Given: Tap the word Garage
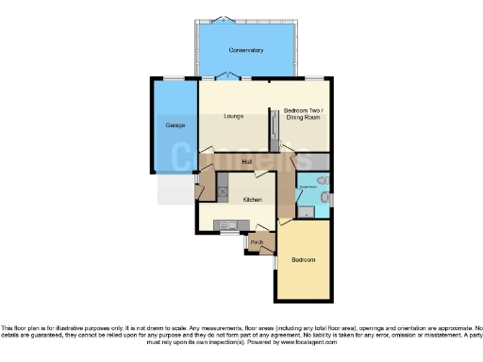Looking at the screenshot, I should [x=175, y=125].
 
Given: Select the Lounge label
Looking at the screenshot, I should [x=234, y=116].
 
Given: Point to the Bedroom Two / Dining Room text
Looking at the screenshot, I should [x=303, y=114].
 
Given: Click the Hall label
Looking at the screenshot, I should [x=246, y=162].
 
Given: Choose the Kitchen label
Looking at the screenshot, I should [x=252, y=200].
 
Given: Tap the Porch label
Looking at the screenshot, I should [x=256, y=242].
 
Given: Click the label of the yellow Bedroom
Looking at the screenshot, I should [x=303, y=259].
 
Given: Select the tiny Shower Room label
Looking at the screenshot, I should [x=308, y=187].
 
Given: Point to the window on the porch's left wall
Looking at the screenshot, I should [x=245, y=243].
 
